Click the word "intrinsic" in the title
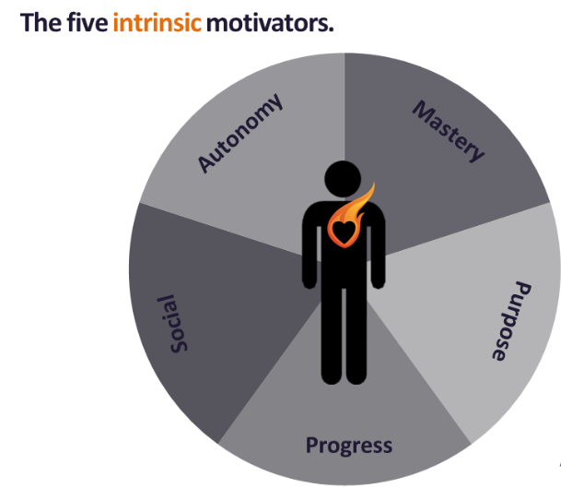156,22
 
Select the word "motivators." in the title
270,22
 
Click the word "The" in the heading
41,22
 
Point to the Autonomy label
241,133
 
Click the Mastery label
449,132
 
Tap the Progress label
349,446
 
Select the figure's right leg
356,337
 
